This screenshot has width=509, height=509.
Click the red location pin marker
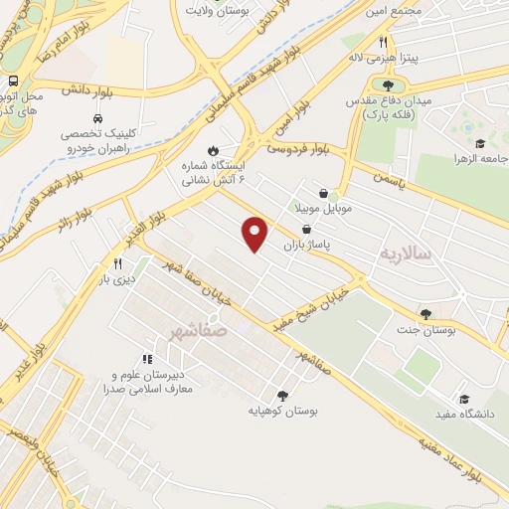click(x=256, y=233)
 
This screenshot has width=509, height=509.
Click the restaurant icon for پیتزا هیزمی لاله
click(x=383, y=42)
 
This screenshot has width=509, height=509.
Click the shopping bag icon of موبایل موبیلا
click(x=324, y=194)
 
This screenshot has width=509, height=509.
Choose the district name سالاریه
click(x=405, y=254)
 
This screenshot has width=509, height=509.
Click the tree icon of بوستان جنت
click(x=426, y=314)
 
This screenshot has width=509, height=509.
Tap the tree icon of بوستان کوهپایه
click(x=282, y=394)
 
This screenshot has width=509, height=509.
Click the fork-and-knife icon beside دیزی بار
click(x=117, y=263)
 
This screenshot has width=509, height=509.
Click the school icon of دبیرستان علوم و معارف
click(x=147, y=359)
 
